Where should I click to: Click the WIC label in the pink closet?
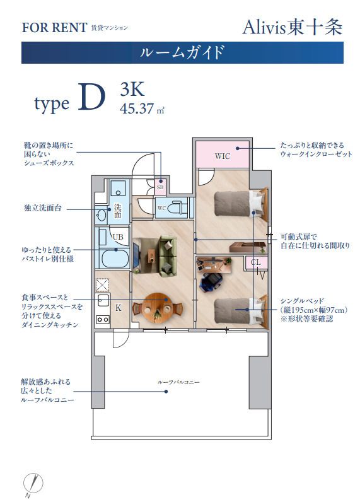click(222, 156)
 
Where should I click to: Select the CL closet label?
click(255, 262)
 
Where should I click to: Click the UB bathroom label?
click(117, 236)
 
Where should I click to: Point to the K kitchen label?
click(118, 307)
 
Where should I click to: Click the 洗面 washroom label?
click(117, 211)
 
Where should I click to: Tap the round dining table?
click(154, 307)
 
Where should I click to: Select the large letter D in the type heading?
click(91, 98)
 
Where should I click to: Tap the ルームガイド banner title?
click(182, 52)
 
